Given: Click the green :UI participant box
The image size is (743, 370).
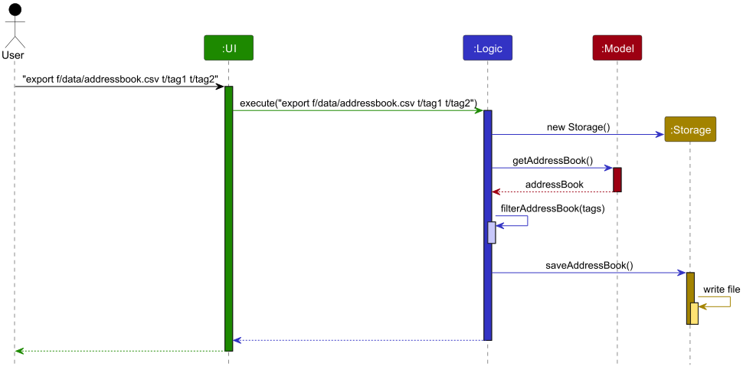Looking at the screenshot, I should pyautogui.click(x=228, y=48).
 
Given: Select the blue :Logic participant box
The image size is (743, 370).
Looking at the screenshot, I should pyautogui.click(x=487, y=48).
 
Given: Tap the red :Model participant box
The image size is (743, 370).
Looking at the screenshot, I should pyautogui.click(x=617, y=48).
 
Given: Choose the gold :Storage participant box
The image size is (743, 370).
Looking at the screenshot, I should pyautogui.click(x=690, y=130).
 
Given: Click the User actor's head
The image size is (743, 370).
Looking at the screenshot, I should pyautogui.click(x=14, y=10).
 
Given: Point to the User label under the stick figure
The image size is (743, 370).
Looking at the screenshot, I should pyautogui.click(x=14, y=55).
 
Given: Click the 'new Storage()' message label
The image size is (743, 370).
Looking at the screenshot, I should pyautogui.click(x=578, y=126).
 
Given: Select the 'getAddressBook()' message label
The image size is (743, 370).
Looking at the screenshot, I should pyautogui.click(x=552, y=160).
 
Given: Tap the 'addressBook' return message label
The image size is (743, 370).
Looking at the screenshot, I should pyautogui.click(x=554, y=185).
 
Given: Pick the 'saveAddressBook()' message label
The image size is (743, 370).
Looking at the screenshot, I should pyautogui.click(x=589, y=265).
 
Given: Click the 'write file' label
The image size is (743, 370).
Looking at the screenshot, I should pyautogui.click(x=722, y=289).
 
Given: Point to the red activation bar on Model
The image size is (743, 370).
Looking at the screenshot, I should pyautogui.click(x=617, y=179).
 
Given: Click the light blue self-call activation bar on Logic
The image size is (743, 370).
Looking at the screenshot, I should pyautogui.click(x=492, y=233).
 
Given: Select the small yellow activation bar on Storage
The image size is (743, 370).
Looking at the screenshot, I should pyautogui.click(x=695, y=313).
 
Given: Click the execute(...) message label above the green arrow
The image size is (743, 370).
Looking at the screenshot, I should pyautogui.click(x=358, y=103).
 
